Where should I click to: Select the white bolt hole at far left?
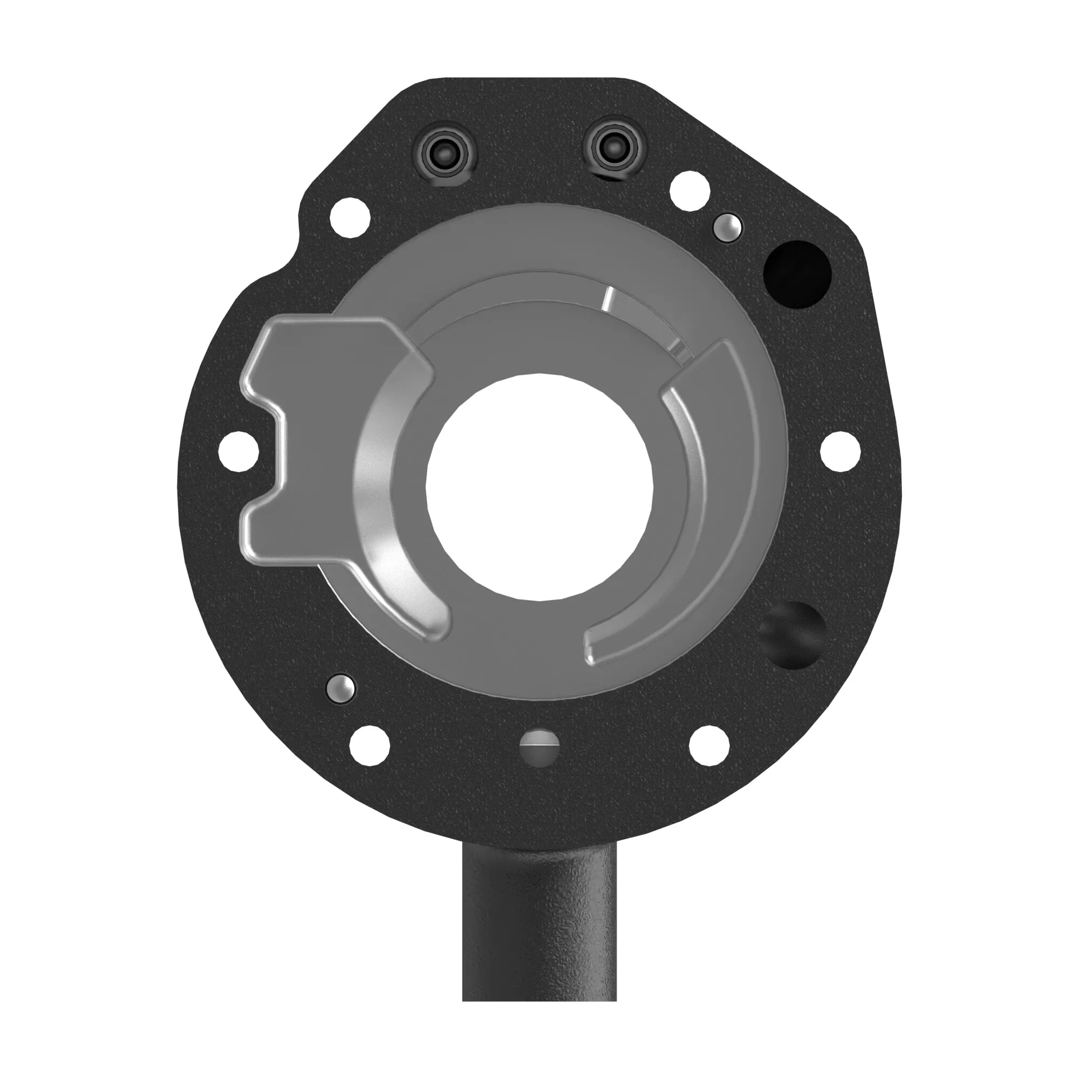point(239,450)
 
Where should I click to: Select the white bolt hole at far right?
point(840,450)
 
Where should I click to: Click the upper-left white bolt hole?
point(351,218)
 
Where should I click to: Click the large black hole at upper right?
point(797,273)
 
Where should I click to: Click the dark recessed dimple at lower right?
point(793,636)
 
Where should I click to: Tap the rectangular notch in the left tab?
point(263,458)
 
